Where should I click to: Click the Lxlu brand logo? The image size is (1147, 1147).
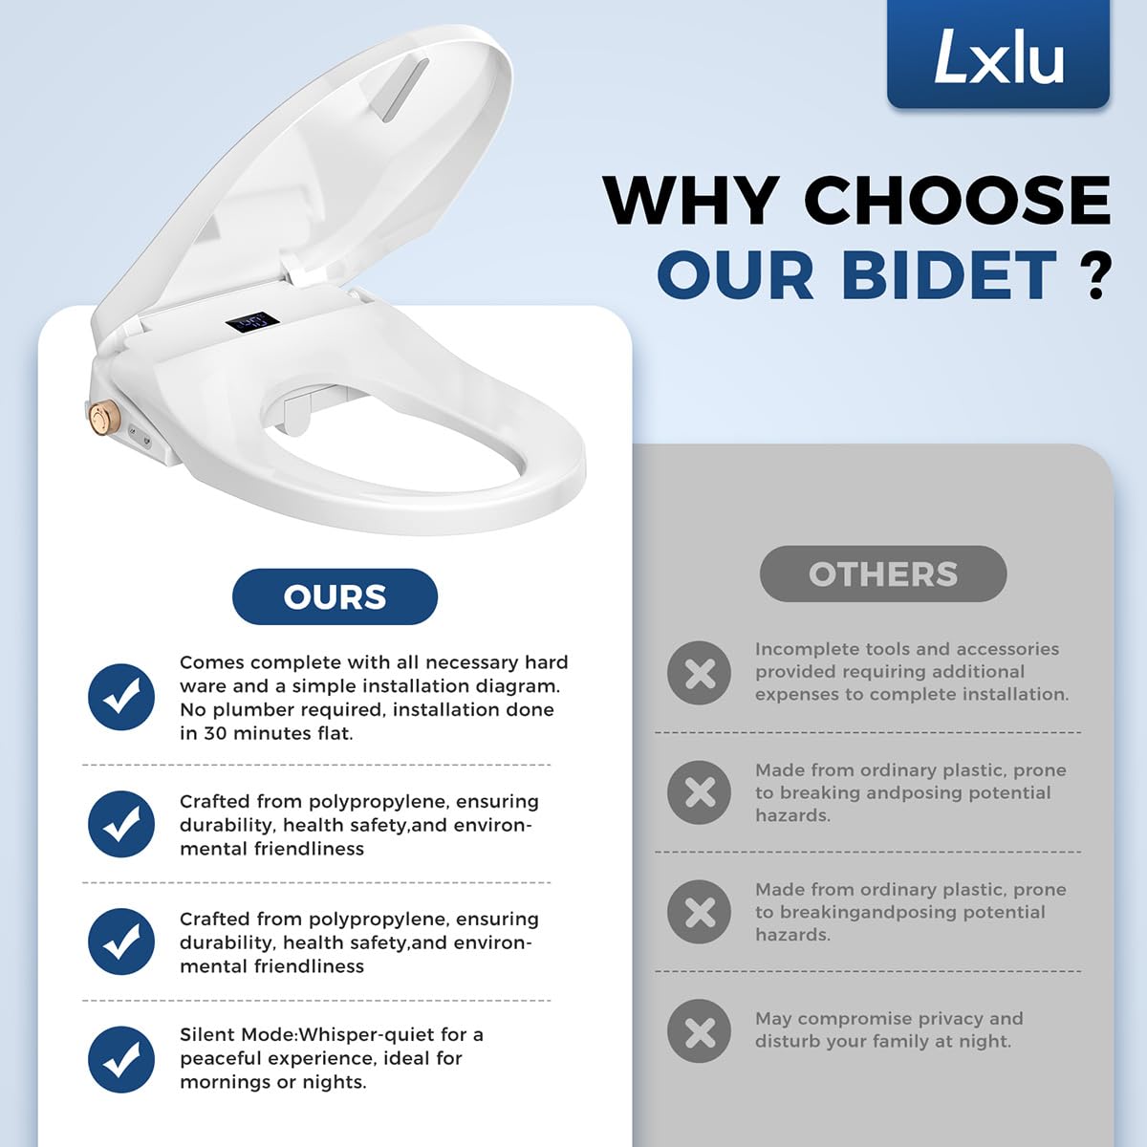point(998,54)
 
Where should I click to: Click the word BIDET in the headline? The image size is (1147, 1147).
point(949,275)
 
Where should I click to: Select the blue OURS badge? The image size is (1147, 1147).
point(335,596)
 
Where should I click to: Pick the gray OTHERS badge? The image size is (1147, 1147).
point(883,573)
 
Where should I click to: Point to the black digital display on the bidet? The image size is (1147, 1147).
point(251,323)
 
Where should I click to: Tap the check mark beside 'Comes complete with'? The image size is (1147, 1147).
point(121,697)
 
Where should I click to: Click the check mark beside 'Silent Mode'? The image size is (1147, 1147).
point(121,1059)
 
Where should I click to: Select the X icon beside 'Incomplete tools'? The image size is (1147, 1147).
point(700,673)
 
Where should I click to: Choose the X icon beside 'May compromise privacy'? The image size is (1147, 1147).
point(700,1031)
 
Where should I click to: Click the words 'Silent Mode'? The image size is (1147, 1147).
point(238,1035)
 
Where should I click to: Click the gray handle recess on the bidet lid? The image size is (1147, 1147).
point(405,89)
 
